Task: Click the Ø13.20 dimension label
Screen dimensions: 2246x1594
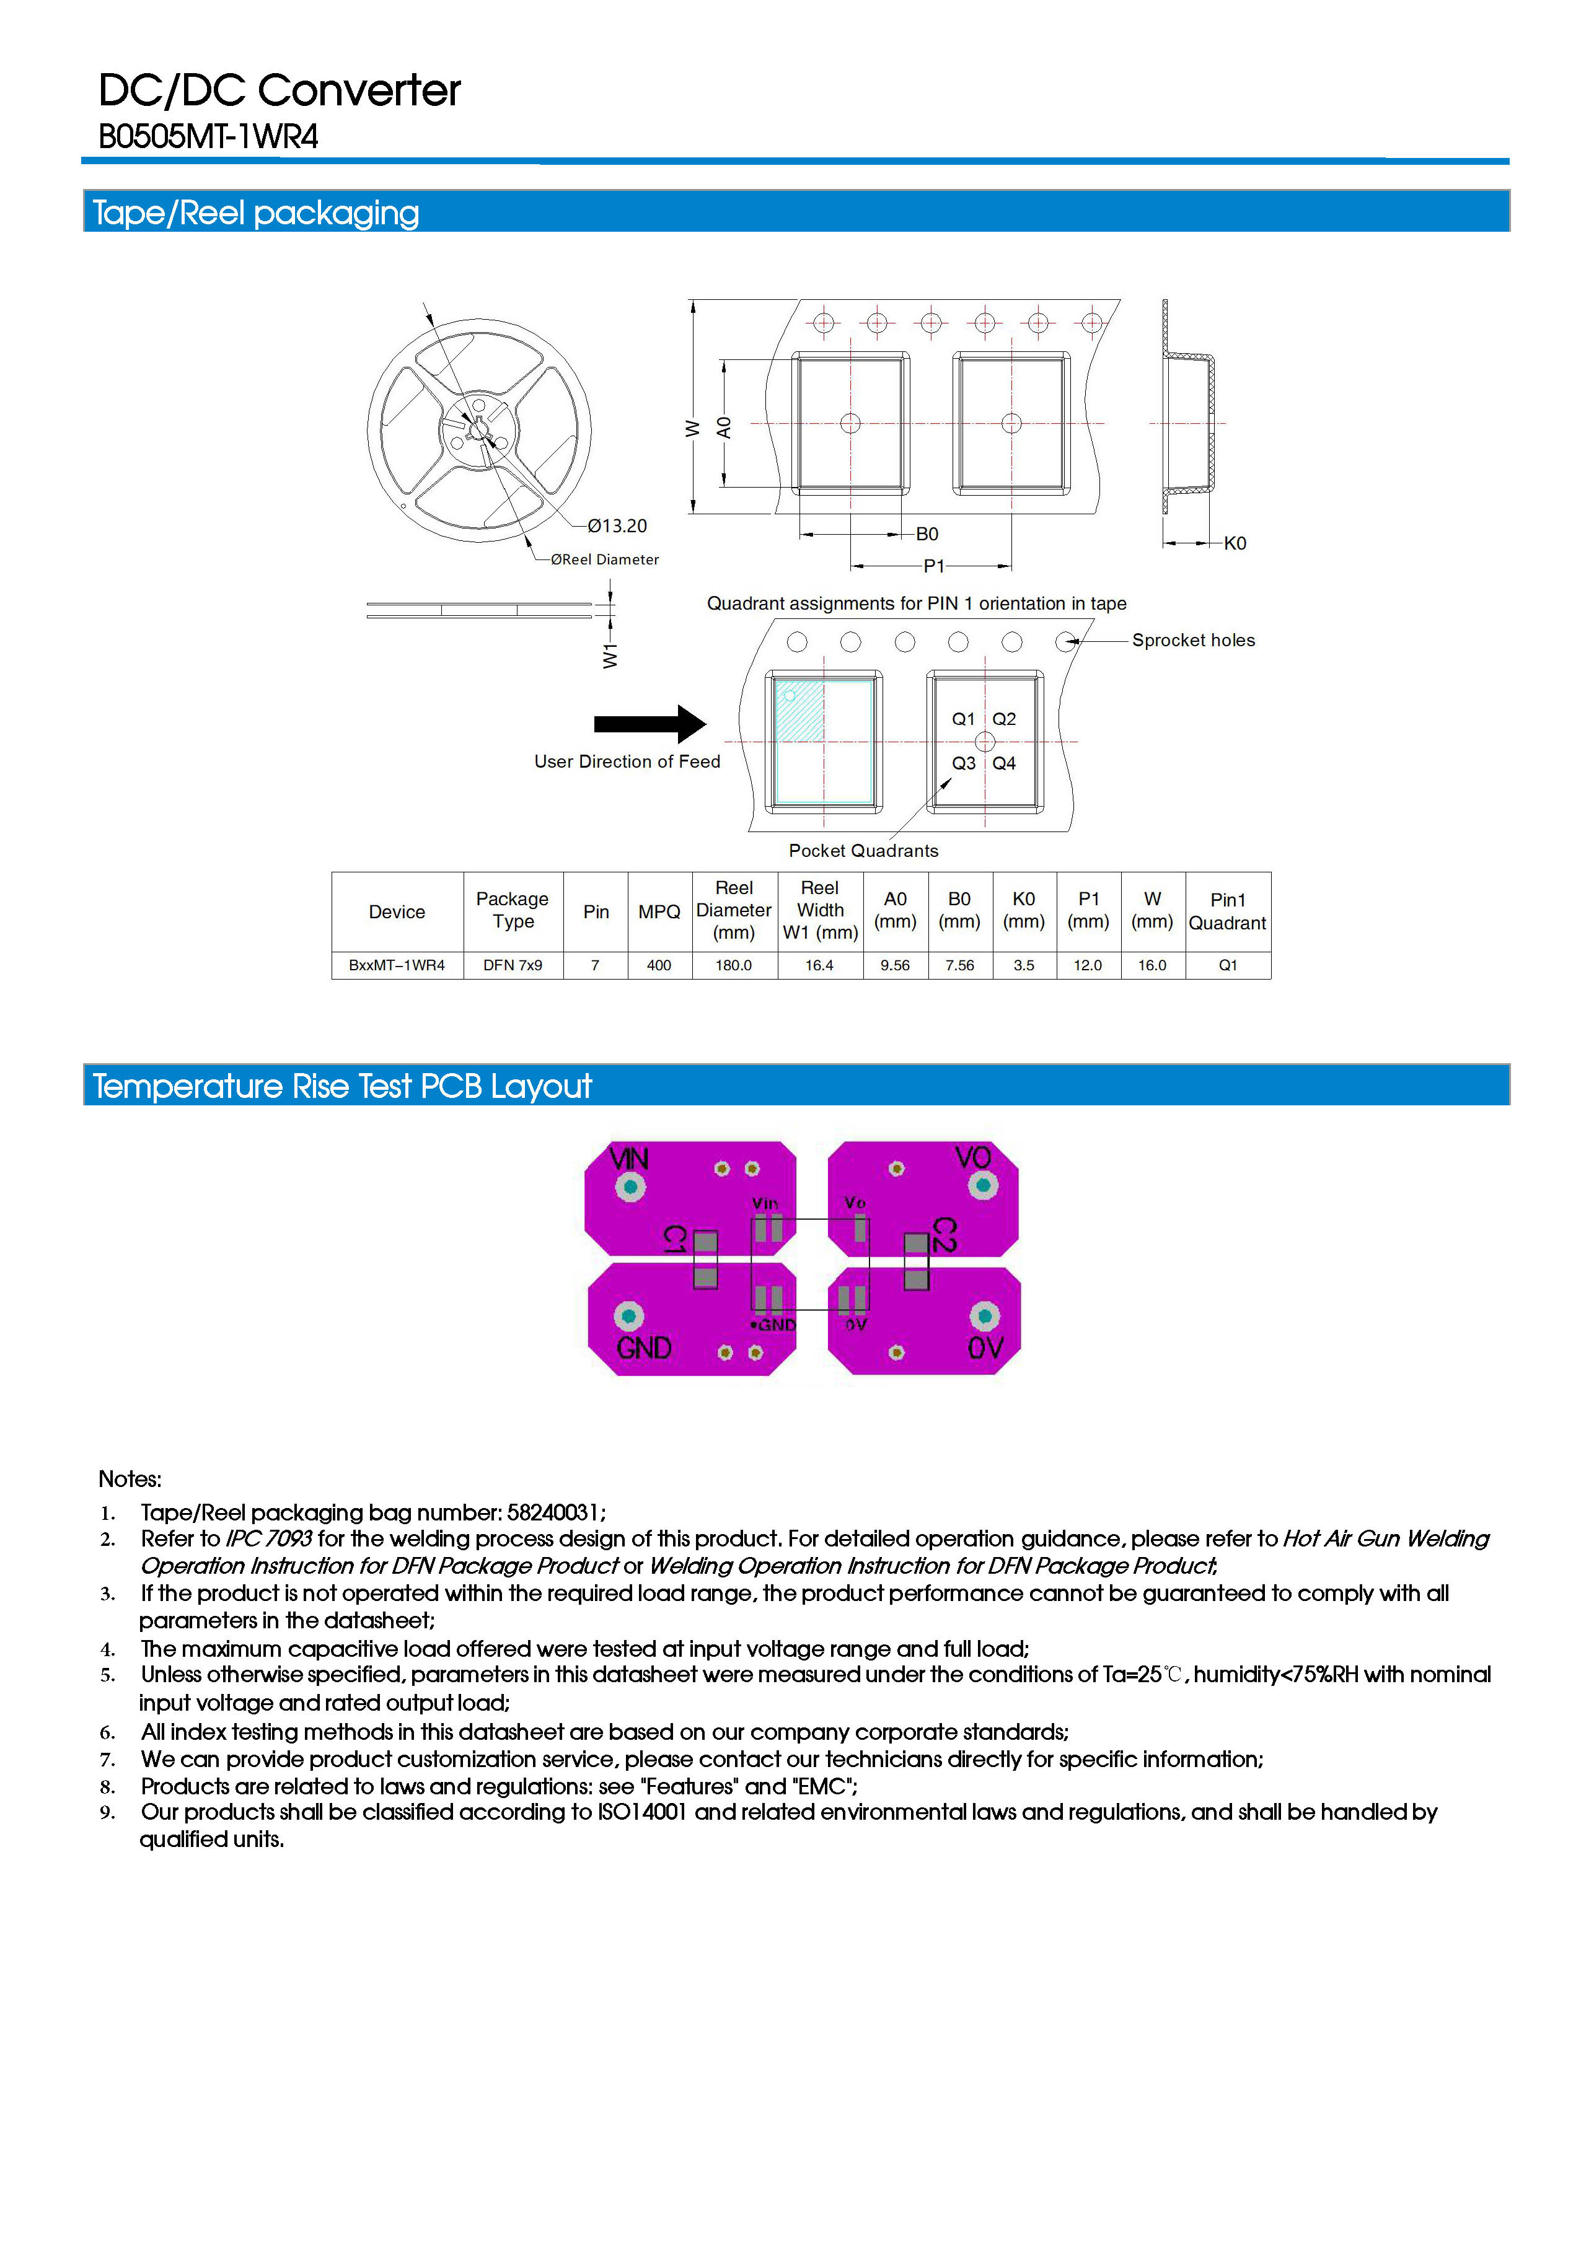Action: [617, 526]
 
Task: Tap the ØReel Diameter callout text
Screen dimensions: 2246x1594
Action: [605, 559]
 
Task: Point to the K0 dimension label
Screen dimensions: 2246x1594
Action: [1235, 543]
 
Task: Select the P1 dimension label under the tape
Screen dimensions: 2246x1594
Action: [933, 566]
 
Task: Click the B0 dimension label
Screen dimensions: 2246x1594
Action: [927, 534]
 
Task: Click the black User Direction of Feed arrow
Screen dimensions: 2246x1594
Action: [649, 724]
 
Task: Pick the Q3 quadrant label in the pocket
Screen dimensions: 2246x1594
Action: [963, 763]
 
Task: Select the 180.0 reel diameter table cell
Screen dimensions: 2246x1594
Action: [733, 965]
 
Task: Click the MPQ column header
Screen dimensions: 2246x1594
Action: [659, 911]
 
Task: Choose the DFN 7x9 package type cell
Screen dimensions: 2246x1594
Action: [513, 965]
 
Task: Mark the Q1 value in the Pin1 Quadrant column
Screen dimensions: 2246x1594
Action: [1228, 965]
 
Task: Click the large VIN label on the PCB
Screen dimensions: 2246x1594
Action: [629, 1159]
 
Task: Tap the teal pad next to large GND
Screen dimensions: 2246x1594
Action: [629, 1316]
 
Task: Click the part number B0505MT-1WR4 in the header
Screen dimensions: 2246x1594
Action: [208, 136]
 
